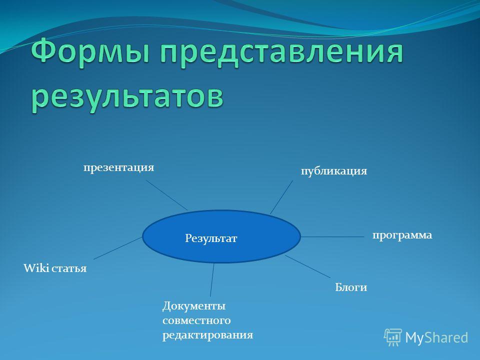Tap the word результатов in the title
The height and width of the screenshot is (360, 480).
coord(127,96)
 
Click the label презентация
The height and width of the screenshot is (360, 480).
coord(119,168)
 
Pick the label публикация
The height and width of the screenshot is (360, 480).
coord(334,171)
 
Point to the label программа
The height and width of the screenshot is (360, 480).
coord(402,235)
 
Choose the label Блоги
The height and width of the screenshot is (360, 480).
coord(351,287)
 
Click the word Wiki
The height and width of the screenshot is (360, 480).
coord(36,268)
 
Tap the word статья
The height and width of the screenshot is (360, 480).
coord(69,268)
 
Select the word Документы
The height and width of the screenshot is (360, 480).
coord(194,306)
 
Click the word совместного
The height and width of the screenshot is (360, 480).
coord(196,320)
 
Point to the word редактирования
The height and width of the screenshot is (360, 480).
coord(208,335)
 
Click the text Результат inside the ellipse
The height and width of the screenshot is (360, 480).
coord(211,238)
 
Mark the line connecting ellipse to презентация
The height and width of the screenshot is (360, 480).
coord(167,195)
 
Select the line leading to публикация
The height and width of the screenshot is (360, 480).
coord(281,197)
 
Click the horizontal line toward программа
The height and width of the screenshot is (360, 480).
coord(332,236)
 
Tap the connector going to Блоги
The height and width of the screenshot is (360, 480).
coord(307,266)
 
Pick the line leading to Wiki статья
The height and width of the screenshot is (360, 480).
coord(118,248)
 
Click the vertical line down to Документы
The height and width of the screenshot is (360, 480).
coord(212,280)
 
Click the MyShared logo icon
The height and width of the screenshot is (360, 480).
coord(393,337)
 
